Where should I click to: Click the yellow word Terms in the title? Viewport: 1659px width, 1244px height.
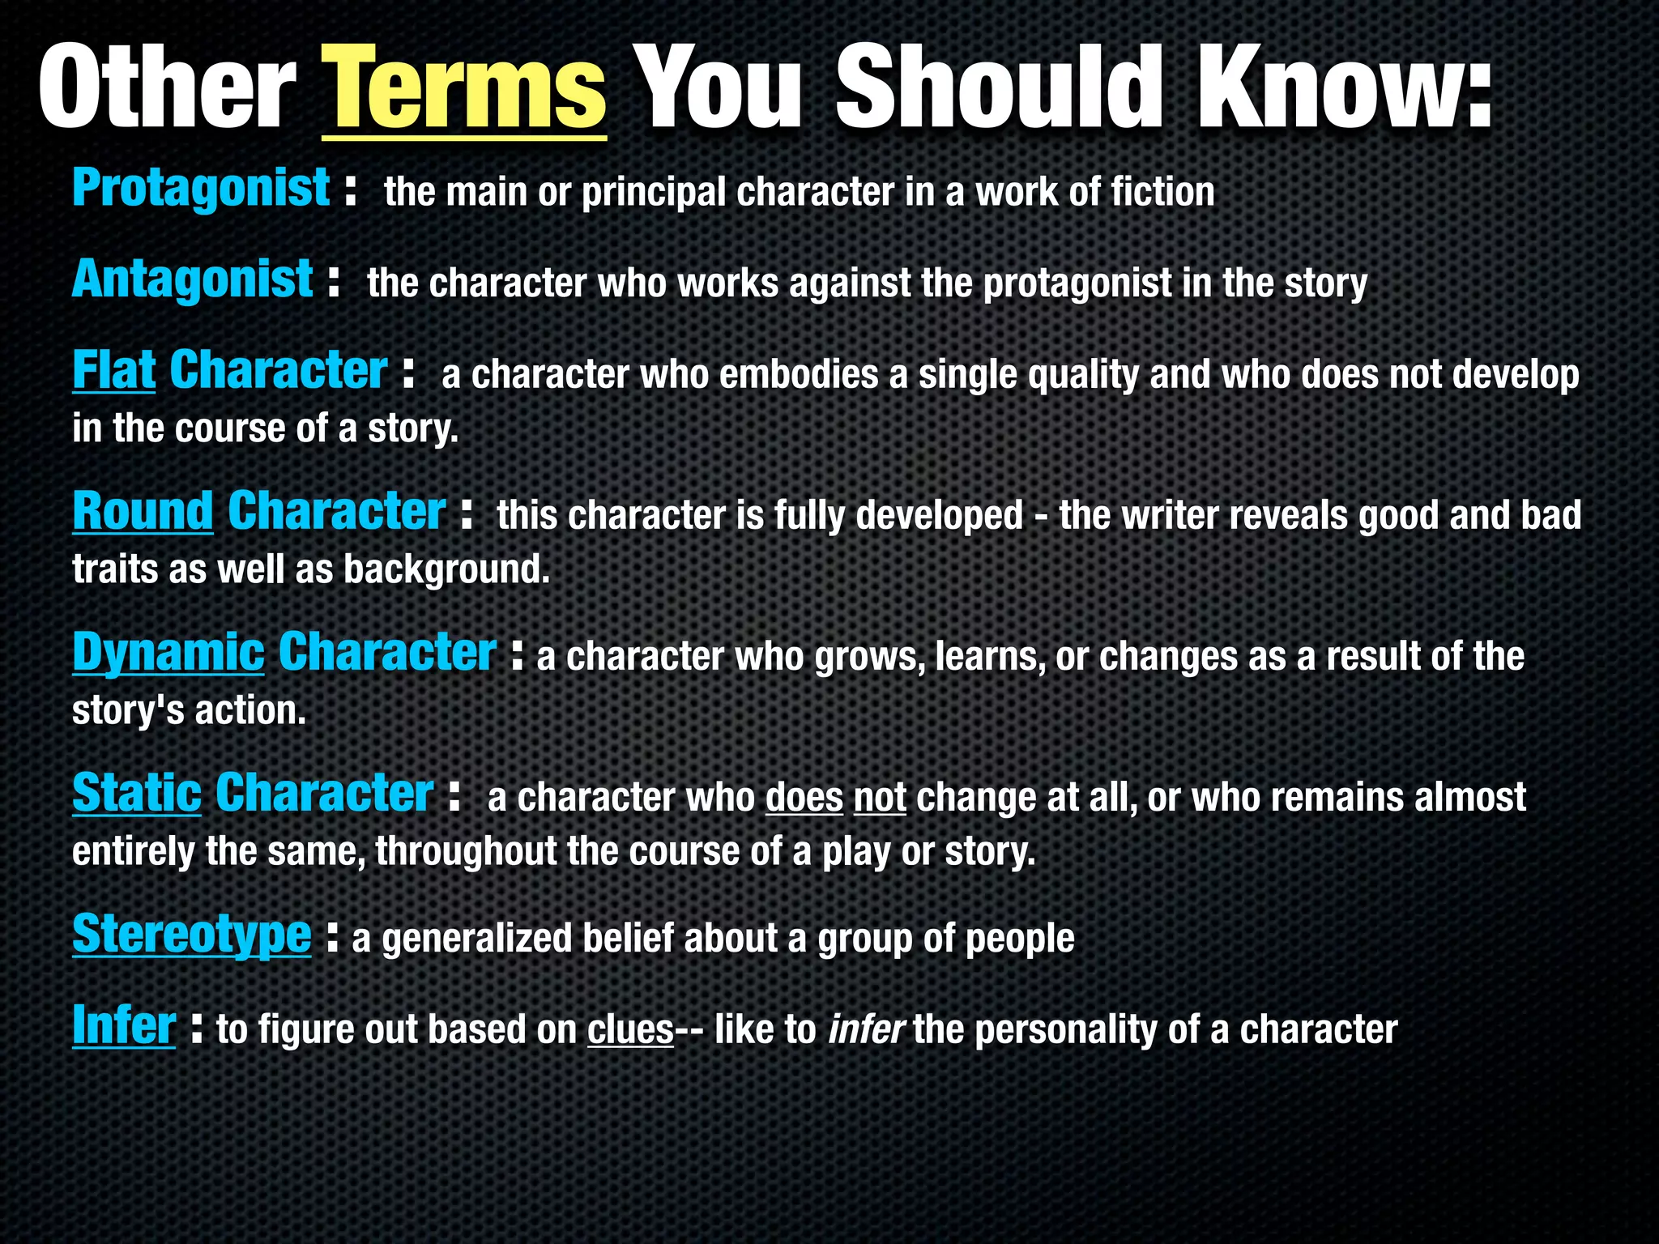[x=464, y=87]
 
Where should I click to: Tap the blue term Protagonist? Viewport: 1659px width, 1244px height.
[x=201, y=189]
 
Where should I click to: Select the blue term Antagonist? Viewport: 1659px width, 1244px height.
[x=192, y=279]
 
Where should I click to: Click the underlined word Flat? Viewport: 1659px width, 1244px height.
[x=113, y=371]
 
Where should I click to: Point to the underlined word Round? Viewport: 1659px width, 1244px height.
[x=143, y=512]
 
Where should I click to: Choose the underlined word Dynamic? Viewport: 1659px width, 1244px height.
[x=168, y=653]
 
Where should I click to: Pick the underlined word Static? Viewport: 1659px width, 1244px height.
[x=136, y=793]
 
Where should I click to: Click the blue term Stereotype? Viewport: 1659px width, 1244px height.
[x=191, y=934]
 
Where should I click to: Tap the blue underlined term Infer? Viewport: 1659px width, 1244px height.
[x=123, y=1025]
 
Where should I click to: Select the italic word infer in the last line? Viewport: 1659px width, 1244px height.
[x=865, y=1030]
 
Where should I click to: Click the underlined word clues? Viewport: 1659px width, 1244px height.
[x=630, y=1030]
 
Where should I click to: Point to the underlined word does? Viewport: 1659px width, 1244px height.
[x=804, y=798]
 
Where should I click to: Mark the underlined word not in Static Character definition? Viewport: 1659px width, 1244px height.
[x=880, y=798]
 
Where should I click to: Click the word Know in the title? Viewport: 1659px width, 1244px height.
[x=1328, y=87]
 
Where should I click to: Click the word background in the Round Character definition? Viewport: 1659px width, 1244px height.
[x=446, y=569]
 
